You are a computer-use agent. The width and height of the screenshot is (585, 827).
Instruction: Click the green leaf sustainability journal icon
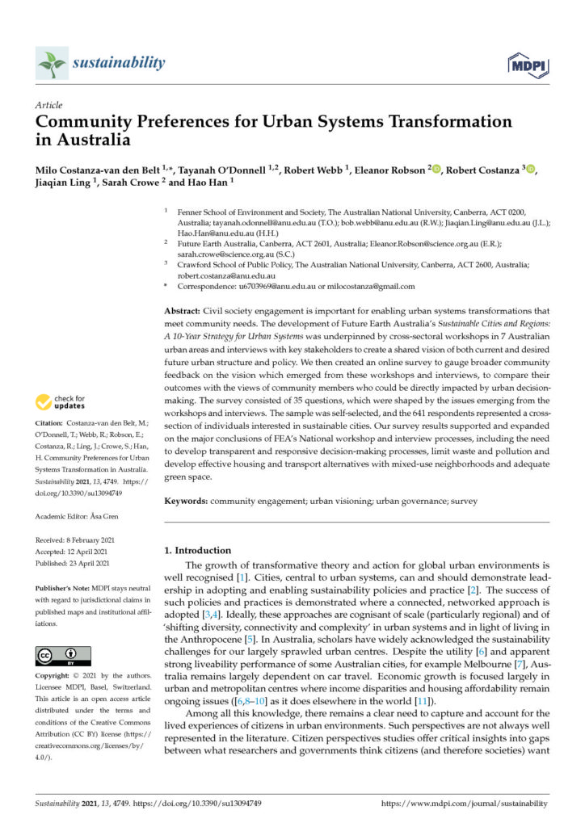(x=52, y=64)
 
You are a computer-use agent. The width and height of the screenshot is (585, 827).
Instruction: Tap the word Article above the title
(x=48, y=106)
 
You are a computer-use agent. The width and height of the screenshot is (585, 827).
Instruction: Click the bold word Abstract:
(x=187, y=311)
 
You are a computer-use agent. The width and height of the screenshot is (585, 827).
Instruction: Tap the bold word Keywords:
(x=187, y=501)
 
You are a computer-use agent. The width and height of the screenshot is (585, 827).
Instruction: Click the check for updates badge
(x=65, y=401)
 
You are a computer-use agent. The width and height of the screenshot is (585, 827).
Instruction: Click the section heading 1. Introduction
(x=197, y=550)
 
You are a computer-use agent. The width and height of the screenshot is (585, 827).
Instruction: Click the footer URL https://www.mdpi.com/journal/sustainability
(x=464, y=804)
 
